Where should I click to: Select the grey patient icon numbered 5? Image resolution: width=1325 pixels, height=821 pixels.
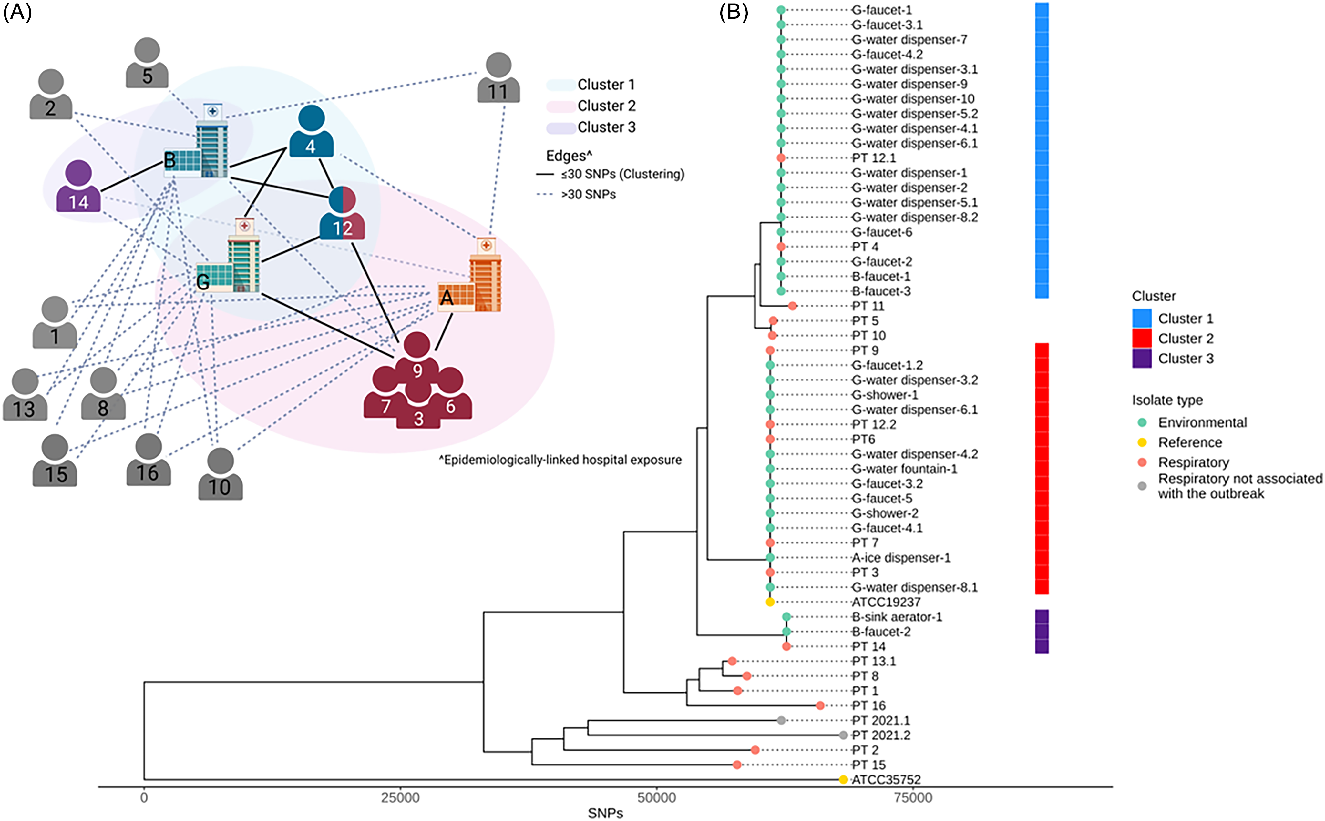coord(147,62)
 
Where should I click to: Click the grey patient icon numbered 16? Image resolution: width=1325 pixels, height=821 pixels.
coord(148,459)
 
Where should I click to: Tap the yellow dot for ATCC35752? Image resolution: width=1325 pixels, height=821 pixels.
coord(843,780)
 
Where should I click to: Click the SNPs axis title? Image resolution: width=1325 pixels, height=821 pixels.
coord(605,813)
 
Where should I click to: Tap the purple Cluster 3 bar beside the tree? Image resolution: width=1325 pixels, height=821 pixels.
coord(1042,632)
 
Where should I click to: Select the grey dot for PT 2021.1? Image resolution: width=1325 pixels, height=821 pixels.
coord(781,721)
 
